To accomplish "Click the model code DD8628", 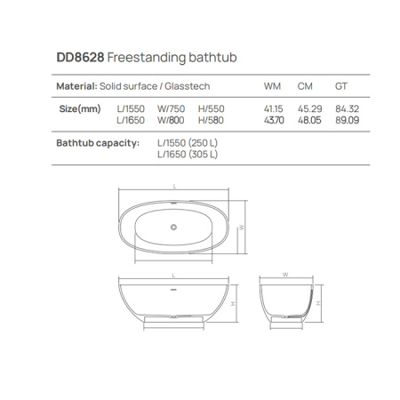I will pos(79,58).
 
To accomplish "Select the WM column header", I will pos(271,86).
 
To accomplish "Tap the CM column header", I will pos(305,86).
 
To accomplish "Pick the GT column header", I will pos(340,86).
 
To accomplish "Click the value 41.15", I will pos(273,108).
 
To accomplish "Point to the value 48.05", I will pos(308,119).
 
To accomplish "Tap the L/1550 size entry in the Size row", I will pos(130,108).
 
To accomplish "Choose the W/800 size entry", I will pos(171,119).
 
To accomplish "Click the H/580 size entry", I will pos(212,119).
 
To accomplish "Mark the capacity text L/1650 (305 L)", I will pos(188,153).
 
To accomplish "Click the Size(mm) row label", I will pos(78,108).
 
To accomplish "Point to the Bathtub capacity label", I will pos(98,142).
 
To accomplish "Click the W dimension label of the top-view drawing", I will pos(242,228).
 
